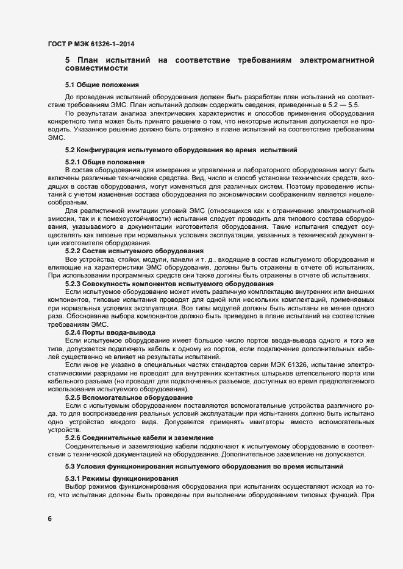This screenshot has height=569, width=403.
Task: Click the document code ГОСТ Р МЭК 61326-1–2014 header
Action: [91, 44]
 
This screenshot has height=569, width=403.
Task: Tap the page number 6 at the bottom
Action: [50, 519]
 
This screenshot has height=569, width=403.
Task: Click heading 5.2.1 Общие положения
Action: [104, 162]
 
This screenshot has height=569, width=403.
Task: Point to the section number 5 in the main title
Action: [68, 60]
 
